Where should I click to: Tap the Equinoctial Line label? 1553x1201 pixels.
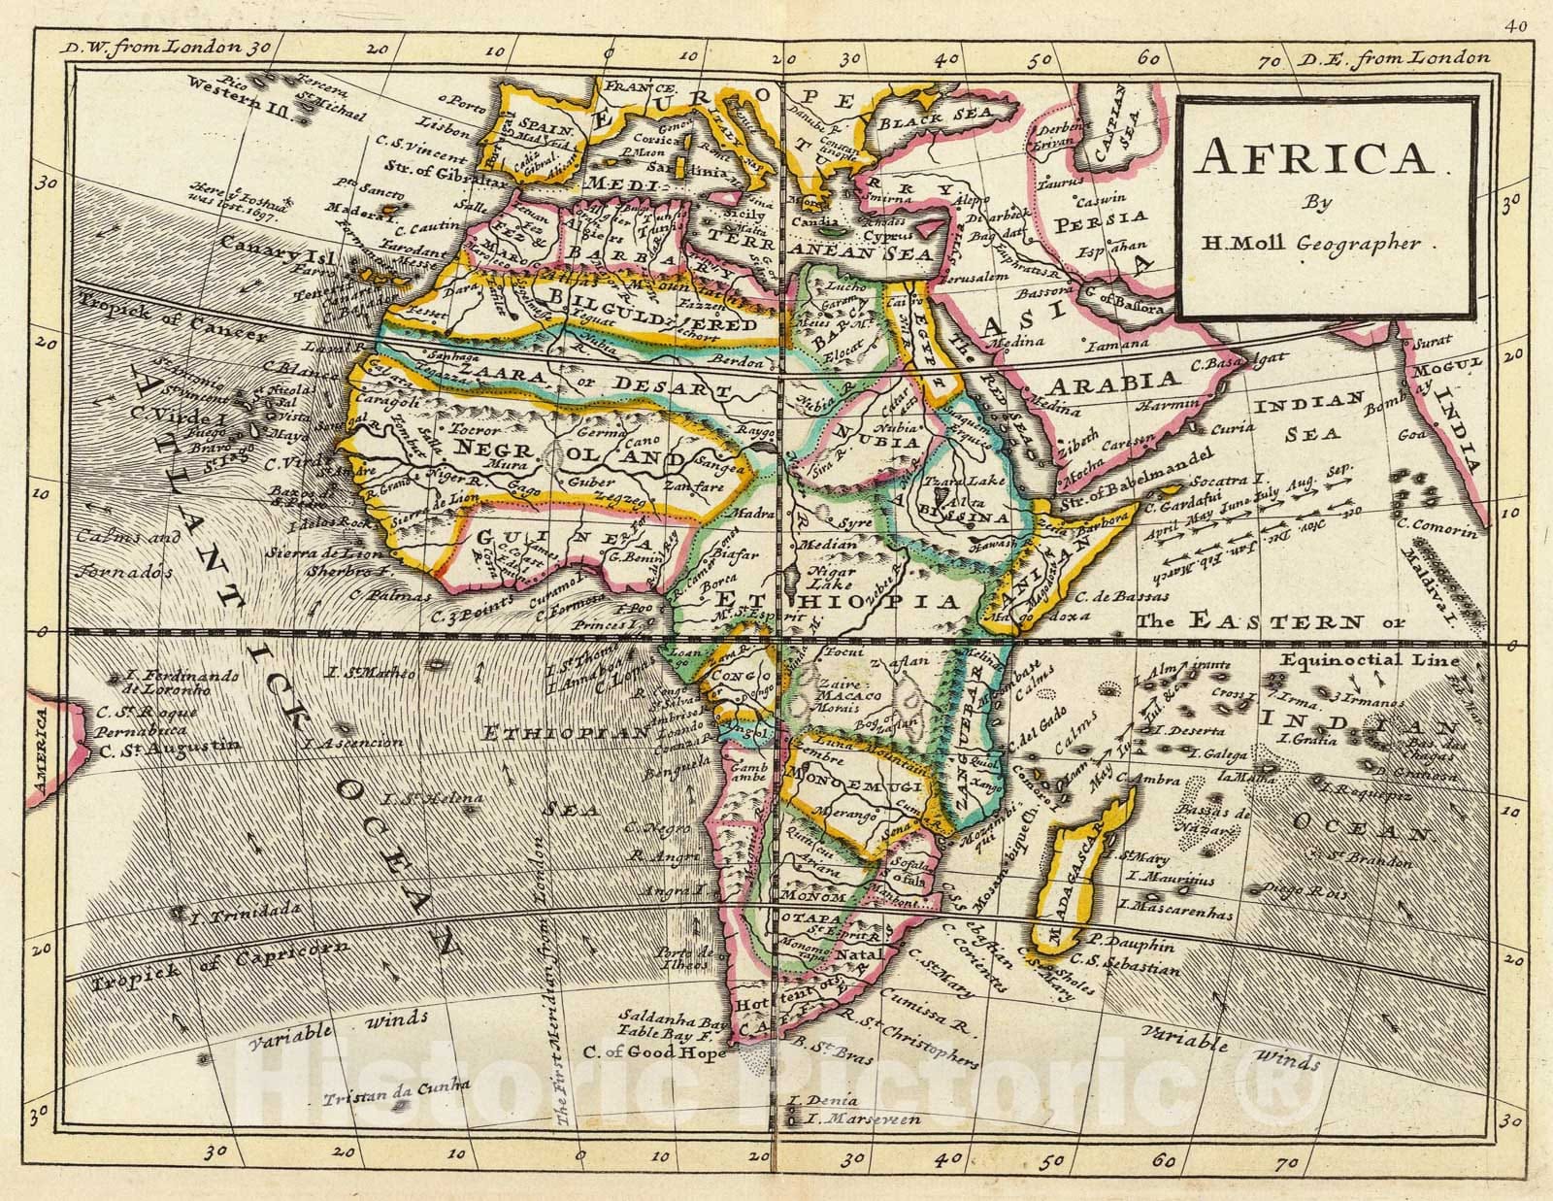[1368, 661]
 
